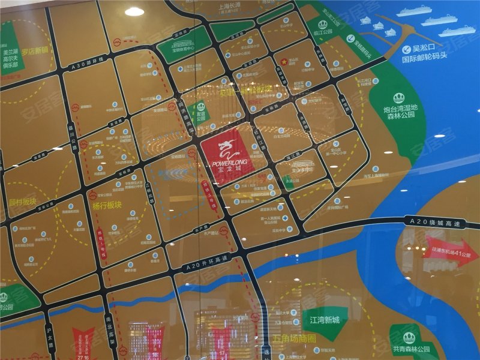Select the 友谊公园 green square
point(197,111)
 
